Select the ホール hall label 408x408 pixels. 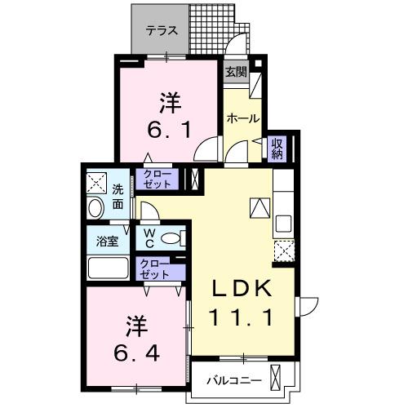click(242, 118)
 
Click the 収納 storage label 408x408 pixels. click(277, 148)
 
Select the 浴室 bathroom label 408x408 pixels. click(108, 242)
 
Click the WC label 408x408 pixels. click(151, 237)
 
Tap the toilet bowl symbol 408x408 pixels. click(171, 238)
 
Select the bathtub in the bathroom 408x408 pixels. click(107, 268)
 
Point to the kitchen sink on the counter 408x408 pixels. click(285, 222)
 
